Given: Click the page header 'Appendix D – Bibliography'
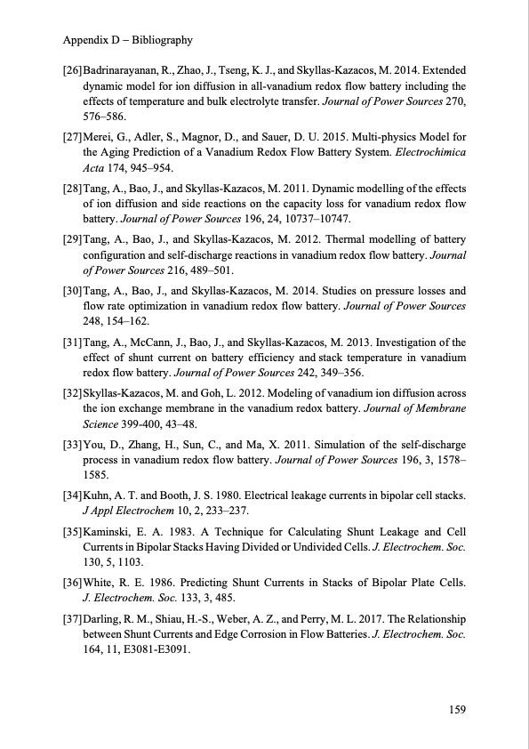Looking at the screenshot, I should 128,41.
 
